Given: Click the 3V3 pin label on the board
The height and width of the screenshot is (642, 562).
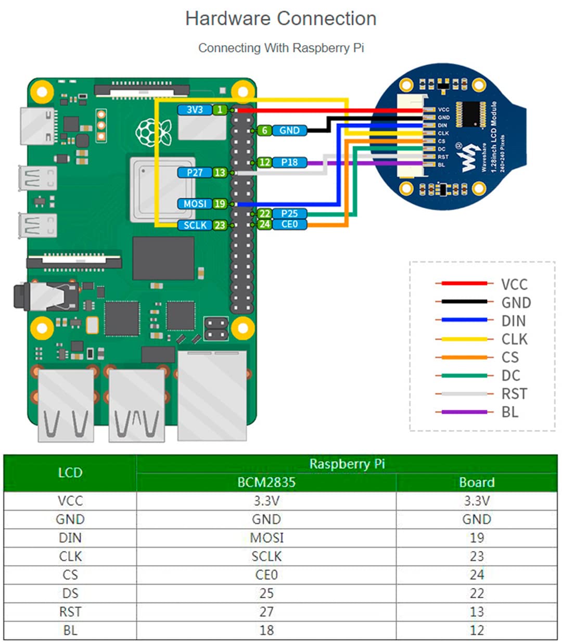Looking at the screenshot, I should (x=194, y=110).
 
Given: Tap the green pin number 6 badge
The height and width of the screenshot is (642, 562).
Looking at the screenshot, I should (x=264, y=131).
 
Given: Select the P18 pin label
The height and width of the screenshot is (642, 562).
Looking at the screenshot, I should (x=289, y=162).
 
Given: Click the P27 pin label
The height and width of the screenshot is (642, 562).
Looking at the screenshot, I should (x=194, y=172).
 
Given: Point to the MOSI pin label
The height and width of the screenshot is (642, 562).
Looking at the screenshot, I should (x=195, y=204).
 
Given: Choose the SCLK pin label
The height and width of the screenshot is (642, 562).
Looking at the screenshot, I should (x=195, y=225).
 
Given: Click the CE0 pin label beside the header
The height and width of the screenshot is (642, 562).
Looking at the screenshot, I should (x=289, y=224).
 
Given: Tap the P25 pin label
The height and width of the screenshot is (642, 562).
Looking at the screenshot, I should (x=289, y=213).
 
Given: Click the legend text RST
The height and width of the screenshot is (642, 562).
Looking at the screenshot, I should (x=514, y=394).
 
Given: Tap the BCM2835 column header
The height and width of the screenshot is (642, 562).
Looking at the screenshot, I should (x=266, y=482).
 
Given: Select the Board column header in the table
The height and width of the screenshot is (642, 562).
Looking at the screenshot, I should (x=476, y=482).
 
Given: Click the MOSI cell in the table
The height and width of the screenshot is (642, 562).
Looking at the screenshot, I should (x=266, y=537).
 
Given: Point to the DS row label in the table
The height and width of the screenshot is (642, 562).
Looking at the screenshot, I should (x=70, y=593).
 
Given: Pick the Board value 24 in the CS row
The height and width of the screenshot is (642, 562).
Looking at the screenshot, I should (x=476, y=575).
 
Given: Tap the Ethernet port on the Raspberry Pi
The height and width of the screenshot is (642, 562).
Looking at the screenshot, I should (x=212, y=395).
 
